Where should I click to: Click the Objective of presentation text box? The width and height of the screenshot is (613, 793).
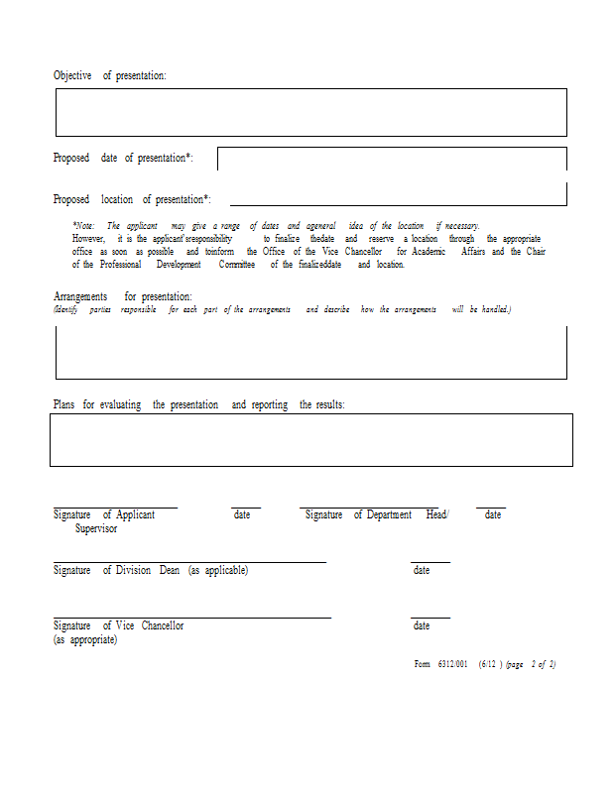[310, 112]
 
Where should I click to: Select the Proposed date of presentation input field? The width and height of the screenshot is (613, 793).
[392, 159]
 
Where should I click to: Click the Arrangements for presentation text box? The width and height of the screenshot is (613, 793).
[310, 352]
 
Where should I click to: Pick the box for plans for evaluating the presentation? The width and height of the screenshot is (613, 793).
[310, 439]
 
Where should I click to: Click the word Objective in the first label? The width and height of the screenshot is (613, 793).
[72, 75]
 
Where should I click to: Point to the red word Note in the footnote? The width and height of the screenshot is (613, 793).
[84, 226]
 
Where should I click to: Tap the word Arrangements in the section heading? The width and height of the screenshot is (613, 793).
[80, 296]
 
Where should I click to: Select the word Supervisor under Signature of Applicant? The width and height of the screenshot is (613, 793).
[96, 529]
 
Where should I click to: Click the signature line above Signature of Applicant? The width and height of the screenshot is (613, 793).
[115, 508]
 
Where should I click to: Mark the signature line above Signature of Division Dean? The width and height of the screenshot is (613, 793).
[188, 562]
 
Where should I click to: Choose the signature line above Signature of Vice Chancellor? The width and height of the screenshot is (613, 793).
[191, 618]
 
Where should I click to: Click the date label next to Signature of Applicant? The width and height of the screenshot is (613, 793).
[242, 515]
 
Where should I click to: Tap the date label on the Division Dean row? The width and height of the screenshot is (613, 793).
[422, 571]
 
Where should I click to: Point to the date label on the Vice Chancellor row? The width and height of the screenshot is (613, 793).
[422, 626]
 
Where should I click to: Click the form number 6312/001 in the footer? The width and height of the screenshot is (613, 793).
[451, 664]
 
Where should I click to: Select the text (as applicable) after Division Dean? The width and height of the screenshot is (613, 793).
[218, 571]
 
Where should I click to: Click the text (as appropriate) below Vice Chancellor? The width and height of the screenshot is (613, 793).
[85, 640]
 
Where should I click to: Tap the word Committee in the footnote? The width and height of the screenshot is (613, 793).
[237, 265]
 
